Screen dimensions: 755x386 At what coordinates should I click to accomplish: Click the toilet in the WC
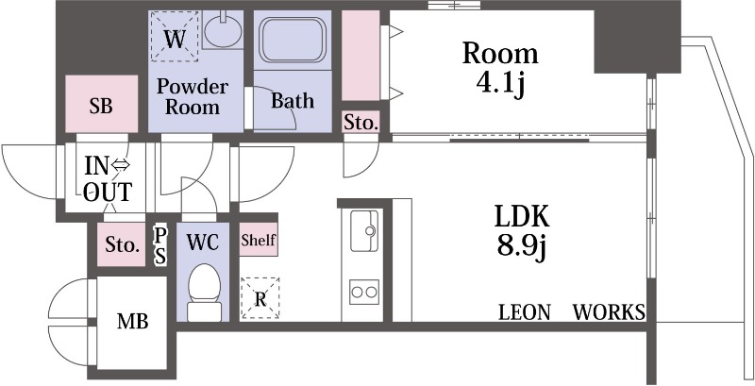(204, 292)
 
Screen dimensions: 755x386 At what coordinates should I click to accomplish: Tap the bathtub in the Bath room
(293, 40)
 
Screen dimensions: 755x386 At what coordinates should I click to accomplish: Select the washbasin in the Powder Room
(223, 29)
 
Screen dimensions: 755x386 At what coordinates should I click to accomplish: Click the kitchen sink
(364, 230)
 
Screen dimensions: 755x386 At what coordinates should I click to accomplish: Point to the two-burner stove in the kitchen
(364, 292)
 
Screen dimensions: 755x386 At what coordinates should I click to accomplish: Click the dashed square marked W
(175, 37)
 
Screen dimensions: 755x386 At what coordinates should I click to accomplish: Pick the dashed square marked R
(260, 298)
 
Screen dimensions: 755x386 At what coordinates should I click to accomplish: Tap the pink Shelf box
(259, 239)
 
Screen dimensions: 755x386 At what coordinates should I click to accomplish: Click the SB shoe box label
(101, 106)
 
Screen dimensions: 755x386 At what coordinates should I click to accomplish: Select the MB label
(133, 321)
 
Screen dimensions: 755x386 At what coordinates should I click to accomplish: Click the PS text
(159, 245)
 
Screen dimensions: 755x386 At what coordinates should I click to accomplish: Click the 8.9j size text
(522, 246)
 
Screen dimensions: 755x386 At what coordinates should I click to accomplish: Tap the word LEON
(525, 312)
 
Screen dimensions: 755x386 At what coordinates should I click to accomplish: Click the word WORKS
(609, 312)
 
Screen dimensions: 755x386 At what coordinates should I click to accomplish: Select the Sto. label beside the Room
(361, 123)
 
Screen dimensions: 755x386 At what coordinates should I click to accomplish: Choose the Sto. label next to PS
(123, 245)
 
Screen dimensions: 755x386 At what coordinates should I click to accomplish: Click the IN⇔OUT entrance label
(108, 179)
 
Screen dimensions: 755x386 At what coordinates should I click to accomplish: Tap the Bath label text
(293, 101)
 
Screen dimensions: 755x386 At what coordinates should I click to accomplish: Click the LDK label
(522, 216)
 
